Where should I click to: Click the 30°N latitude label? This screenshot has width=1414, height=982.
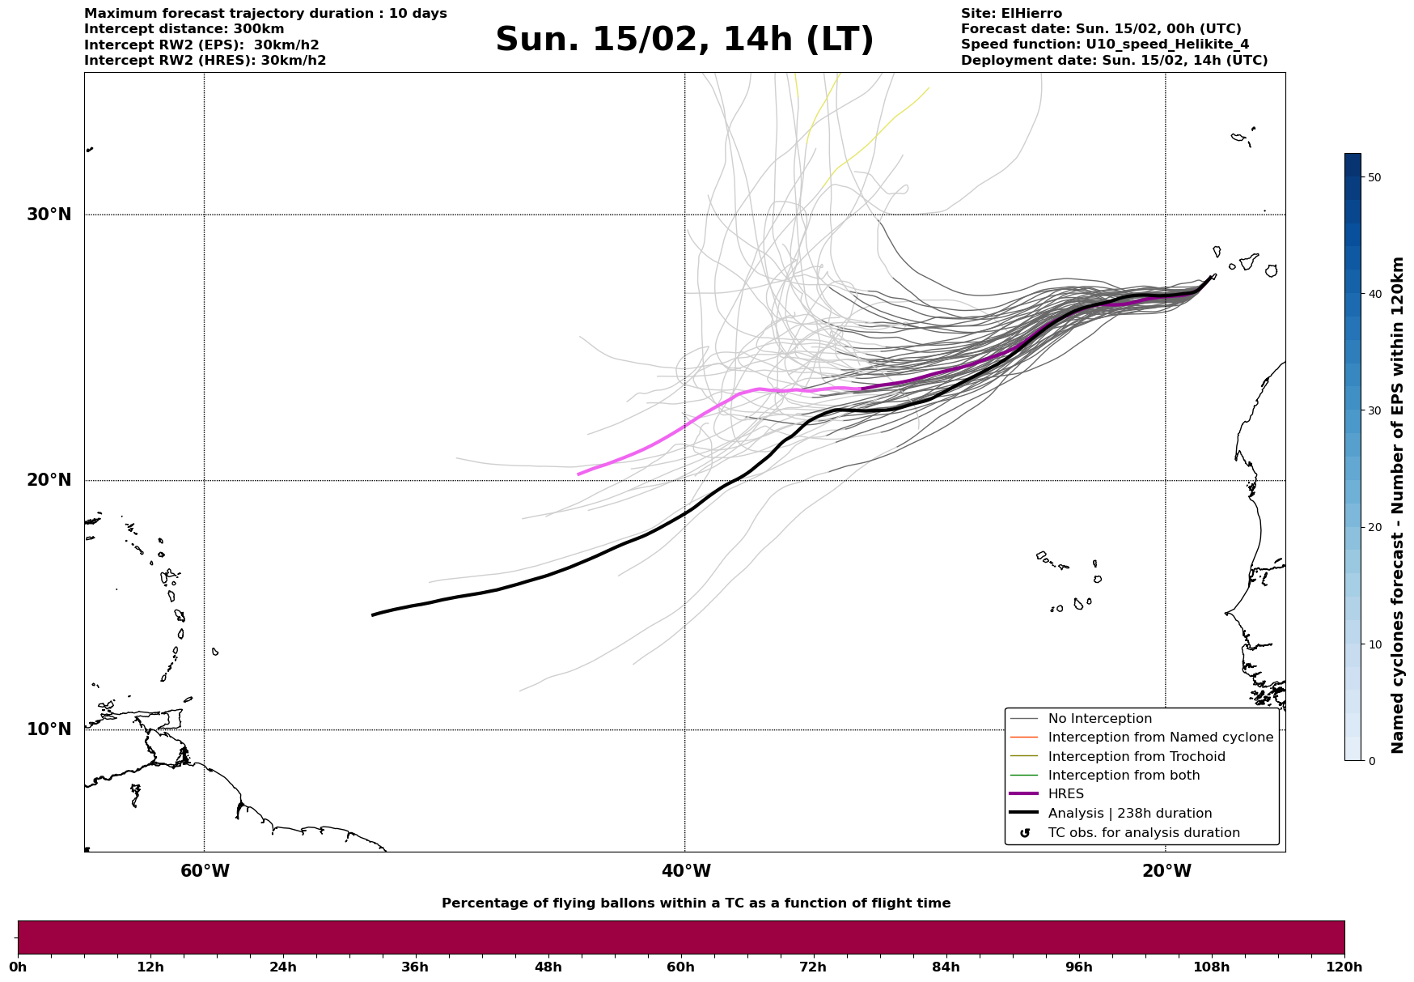point(49,215)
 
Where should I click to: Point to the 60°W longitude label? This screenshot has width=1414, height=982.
point(205,871)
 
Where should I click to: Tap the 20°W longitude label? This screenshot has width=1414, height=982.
point(1166,871)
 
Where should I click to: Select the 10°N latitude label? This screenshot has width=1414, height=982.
point(49,729)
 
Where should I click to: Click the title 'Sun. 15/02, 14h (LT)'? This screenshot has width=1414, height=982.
point(684,40)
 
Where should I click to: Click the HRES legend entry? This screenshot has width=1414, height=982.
point(1065,794)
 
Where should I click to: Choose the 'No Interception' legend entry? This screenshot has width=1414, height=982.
point(1099,719)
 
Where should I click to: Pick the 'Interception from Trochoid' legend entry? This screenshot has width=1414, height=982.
point(1136,757)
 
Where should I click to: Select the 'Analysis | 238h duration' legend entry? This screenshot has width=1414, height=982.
point(1129,814)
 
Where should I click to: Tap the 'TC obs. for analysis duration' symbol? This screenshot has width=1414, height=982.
point(1025,833)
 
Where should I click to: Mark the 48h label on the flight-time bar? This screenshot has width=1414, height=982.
point(548,967)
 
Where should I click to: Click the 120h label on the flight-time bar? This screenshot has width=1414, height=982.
point(1344,967)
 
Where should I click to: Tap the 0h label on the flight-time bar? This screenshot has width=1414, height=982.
point(18,967)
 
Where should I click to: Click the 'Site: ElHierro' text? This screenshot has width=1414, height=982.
point(1011,14)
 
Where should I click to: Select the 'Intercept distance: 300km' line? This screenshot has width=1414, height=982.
point(184,29)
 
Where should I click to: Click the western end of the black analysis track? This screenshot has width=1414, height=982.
point(373,615)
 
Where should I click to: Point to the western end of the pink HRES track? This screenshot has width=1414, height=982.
point(578,474)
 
